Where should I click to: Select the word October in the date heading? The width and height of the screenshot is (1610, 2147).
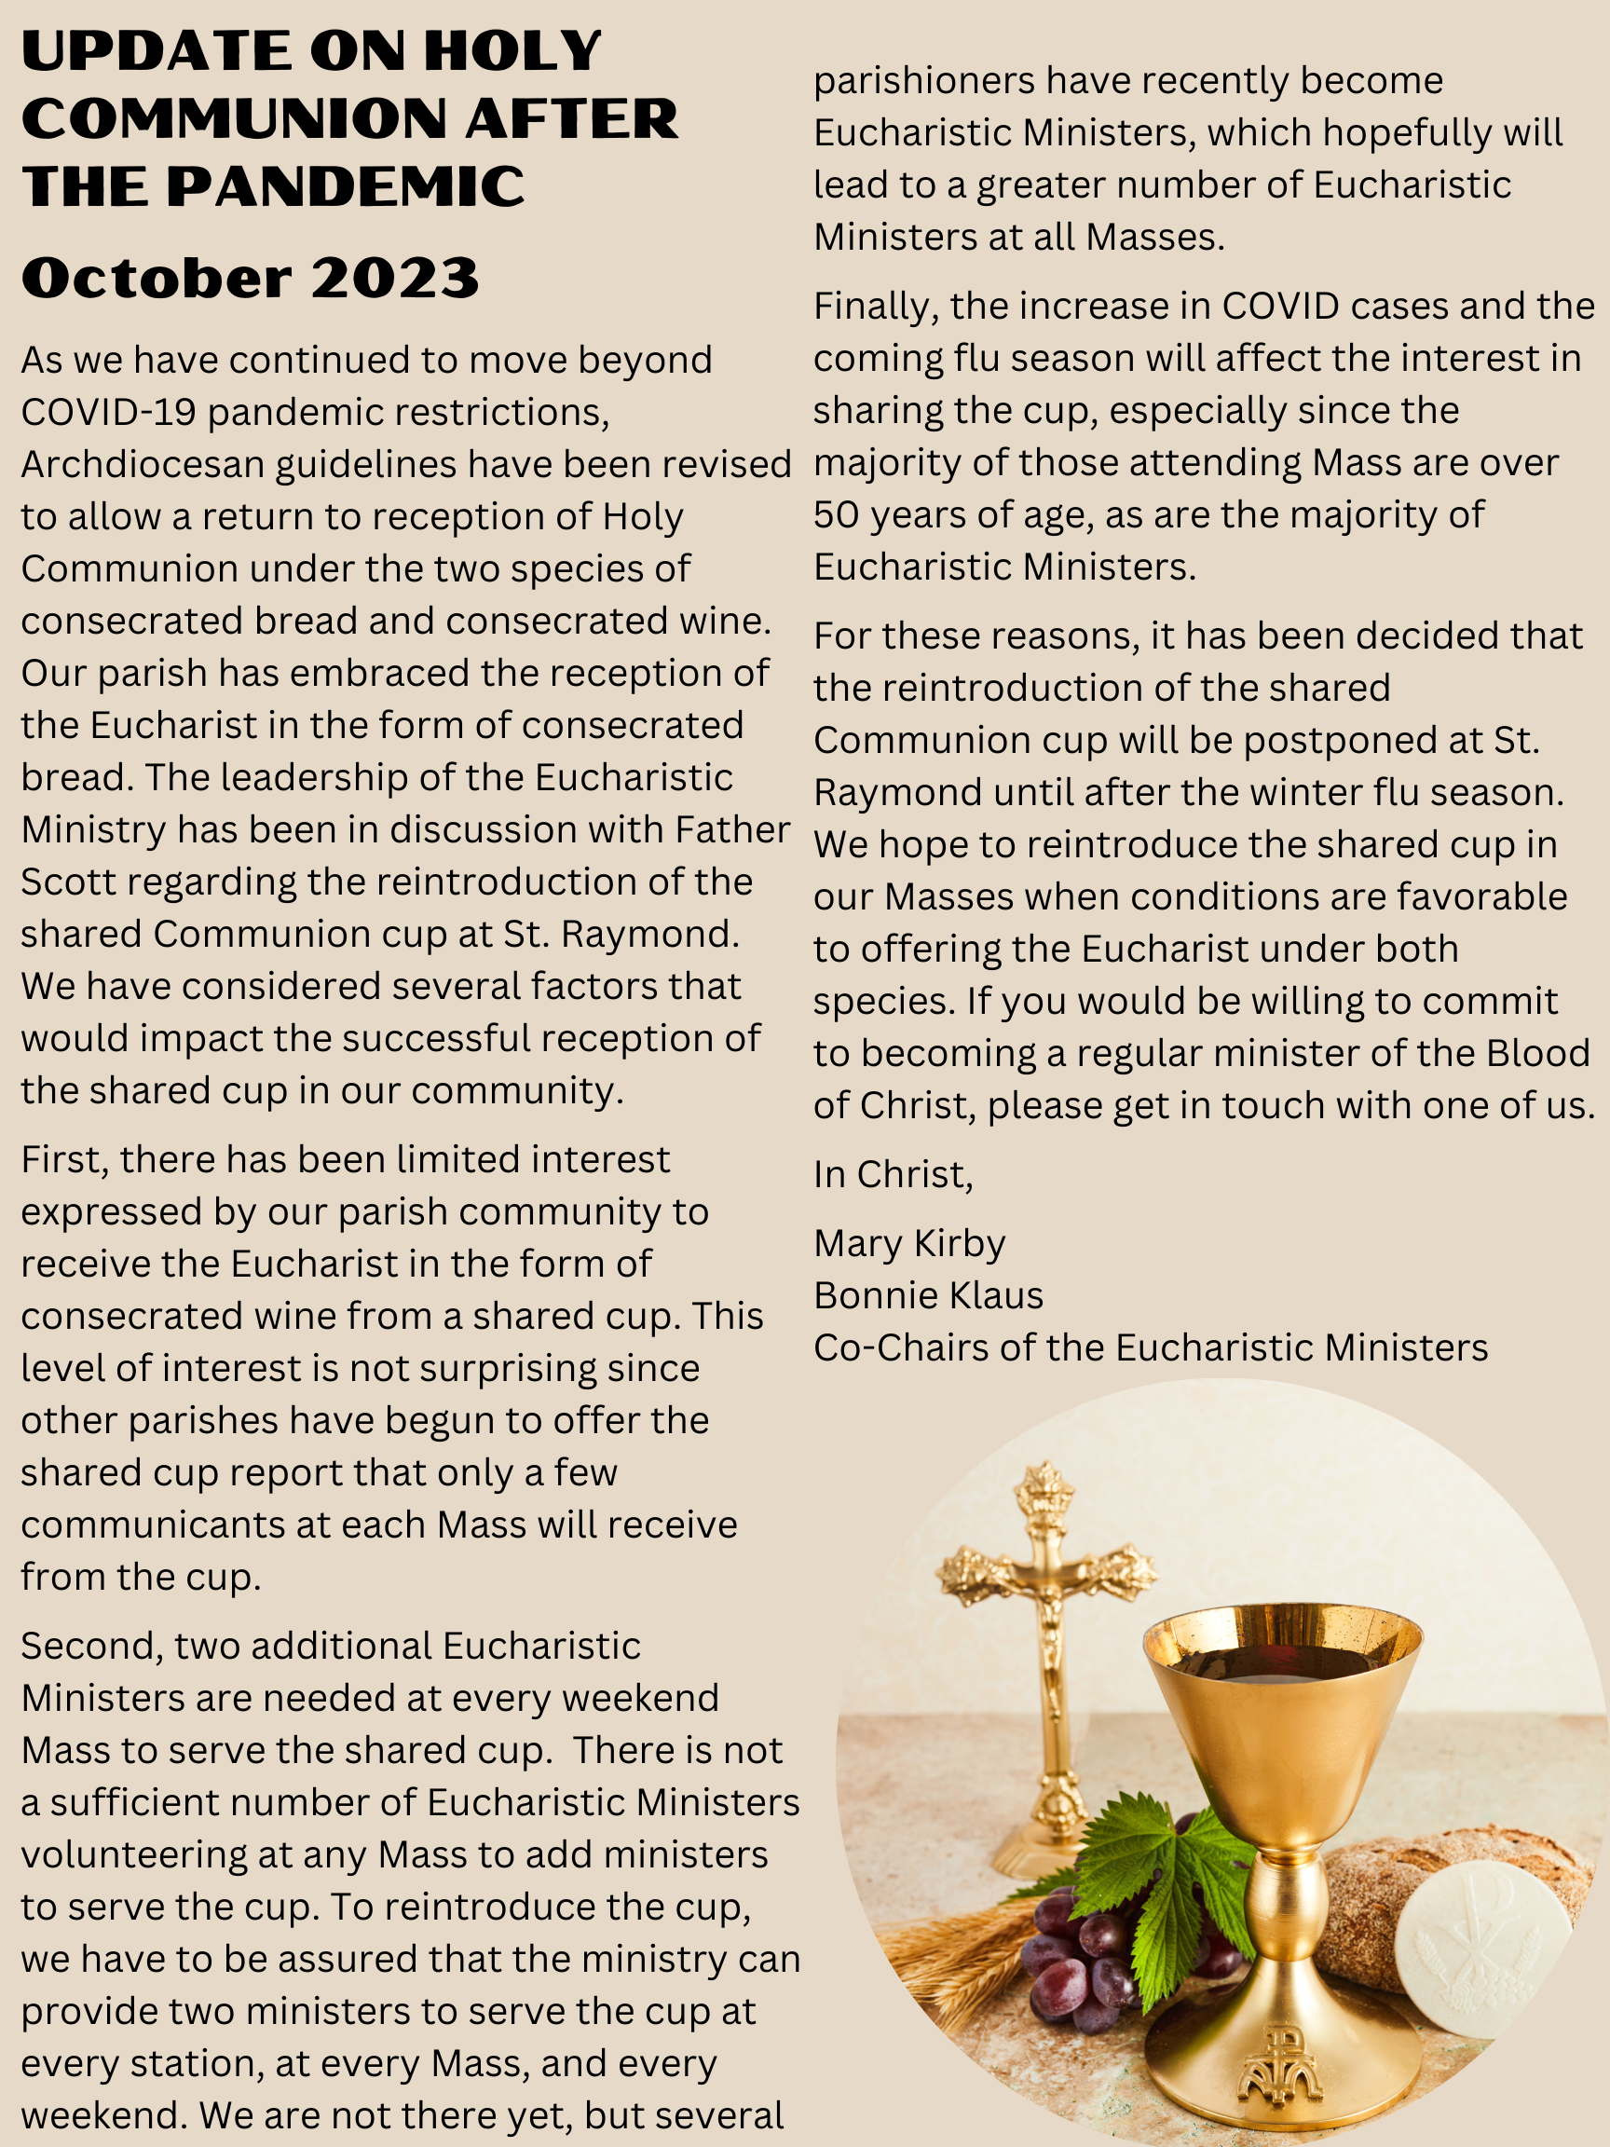(x=156, y=279)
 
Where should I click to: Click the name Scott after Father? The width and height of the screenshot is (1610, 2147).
(x=67, y=882)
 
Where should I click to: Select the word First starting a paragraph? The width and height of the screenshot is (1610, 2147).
(x=62, y=1160)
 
